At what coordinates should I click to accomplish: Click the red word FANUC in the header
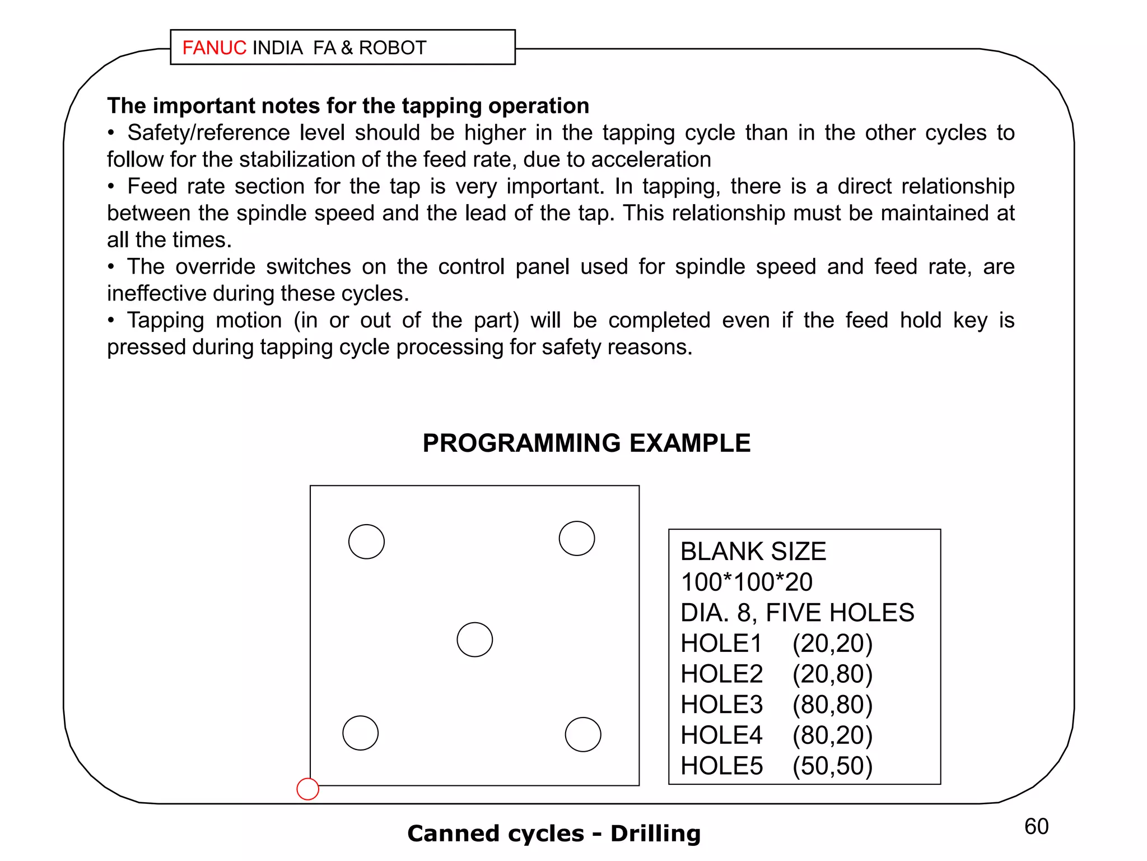[x=214, y=48]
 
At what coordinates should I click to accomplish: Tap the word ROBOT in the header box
[x=393, y=48]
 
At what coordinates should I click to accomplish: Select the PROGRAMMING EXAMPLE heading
[x=586, y=443]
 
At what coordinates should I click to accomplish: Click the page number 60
[x=1036, y=826]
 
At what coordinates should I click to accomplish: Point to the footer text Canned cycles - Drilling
[x=554, y=834]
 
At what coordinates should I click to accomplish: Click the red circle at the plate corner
[x=307, y=789]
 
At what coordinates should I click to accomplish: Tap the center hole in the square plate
[x=474, y=640]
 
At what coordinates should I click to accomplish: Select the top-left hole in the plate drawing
[x=366, y=541]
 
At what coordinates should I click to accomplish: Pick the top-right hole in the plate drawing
[x=576, y=538]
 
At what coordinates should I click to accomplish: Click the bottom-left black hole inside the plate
[x=360, y=733]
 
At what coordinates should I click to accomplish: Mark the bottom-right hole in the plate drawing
[x=582, y=734]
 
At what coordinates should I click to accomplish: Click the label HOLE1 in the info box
[x=721, y=644]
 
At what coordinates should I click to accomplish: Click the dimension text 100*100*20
[x=746, y=582]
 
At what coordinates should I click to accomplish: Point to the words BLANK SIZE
[x=753, y=552]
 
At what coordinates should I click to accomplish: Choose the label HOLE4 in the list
[x=721, y=735]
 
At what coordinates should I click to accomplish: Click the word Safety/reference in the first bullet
[x=208, y=133]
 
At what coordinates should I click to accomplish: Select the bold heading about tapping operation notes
[x=348, y=106]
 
